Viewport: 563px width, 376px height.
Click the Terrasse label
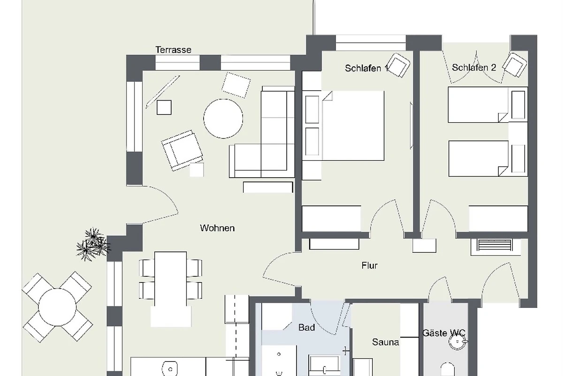pyautogui.click(x=174, y=50)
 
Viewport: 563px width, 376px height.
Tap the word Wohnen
pyautogui.click(x=217, y=228)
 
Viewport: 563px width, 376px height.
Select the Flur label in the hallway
pyautogui.click(x=370, y=266)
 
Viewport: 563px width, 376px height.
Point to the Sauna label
pyautogui.click(x=385, y=342)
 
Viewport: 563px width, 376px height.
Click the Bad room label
pyautogui.click(x=307, y=328)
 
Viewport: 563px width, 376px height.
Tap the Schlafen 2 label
pyautogui.click(x=474, y=68)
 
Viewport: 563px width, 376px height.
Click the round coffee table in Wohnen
pyautogui.click(x=223, y=118)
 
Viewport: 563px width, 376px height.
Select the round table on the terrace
pyautogui.click(x=57, y=307)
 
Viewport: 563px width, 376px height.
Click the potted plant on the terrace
pyautogui.click(x=93, y=244)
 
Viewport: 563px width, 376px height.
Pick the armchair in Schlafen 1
pyautogui.click(x=398, y=65)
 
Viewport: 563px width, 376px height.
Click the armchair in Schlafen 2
pyautogui.click(x=515, y=65)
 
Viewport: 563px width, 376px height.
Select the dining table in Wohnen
pyautogui.click(x=171, y=279)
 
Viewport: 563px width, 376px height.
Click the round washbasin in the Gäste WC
pyautogui.click(x=458, y=342)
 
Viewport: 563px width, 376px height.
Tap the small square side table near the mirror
pyautogui.click(x=164, y=107)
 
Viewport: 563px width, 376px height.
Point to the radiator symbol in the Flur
pyautogui.click(x=495, y=245)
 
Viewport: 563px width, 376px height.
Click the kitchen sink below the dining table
pyautogui.click(x=170, y=369)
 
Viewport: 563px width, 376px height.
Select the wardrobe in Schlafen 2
pyautogui.click(x=498, y=219)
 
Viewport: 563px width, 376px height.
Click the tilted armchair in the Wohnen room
pyautogui.click(x=182, y=150)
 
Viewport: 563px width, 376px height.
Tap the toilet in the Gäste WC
pyautogui.click(x=448, y=369)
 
